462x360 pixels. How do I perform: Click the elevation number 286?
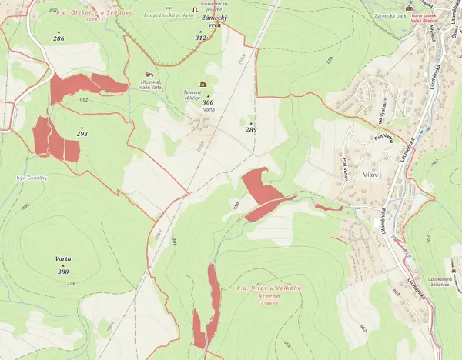59,38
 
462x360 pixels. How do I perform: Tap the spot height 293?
82,134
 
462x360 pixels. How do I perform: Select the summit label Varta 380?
63,266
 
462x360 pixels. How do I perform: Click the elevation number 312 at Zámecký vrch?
201,37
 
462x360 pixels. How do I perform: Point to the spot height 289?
251,129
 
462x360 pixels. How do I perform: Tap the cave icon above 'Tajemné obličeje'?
203,83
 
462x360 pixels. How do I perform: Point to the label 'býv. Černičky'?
32,178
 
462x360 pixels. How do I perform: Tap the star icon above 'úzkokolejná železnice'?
454,270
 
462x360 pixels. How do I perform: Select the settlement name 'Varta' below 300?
208,110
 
